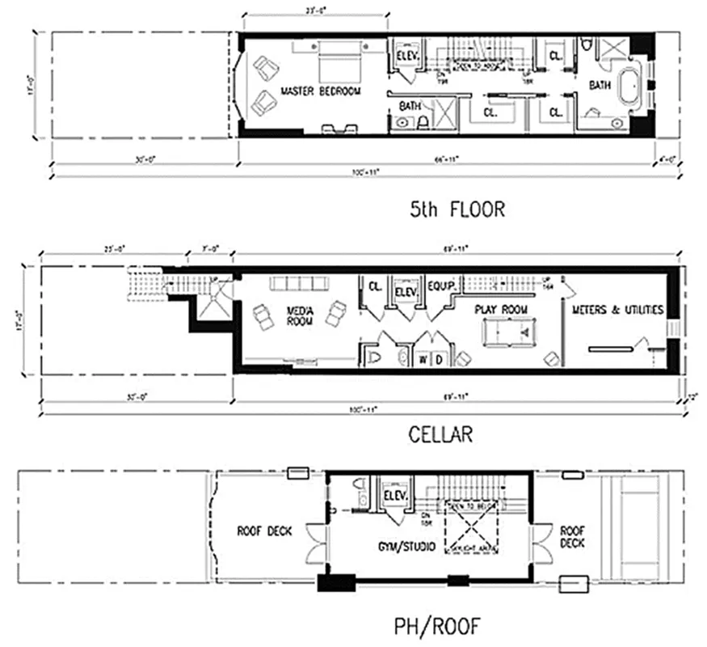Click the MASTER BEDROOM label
pos(321,91)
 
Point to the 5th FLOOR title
pos(458,210)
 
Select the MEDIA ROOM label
pos(299,316)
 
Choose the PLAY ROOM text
pos(502,310)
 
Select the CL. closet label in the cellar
pos(375,285)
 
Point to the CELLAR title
pos(440,434)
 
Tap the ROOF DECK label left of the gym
pos(263,531)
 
